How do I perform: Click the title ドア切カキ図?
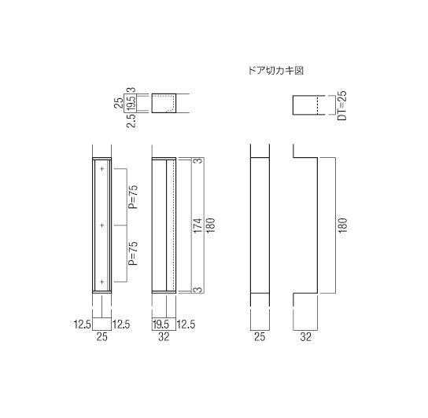[x=276, y=71]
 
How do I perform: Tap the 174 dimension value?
[x=198, y=225]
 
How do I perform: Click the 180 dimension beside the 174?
[x=211, y=225]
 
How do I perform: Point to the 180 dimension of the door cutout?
[x=342, y=225]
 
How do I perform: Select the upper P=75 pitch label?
[x=134, y=197]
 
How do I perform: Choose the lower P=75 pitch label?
[x=134, y=253]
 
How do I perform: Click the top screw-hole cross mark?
[x=102, y=169]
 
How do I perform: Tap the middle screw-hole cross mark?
[x=102, y=225]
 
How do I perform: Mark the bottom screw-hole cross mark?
[x=102, y=281]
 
